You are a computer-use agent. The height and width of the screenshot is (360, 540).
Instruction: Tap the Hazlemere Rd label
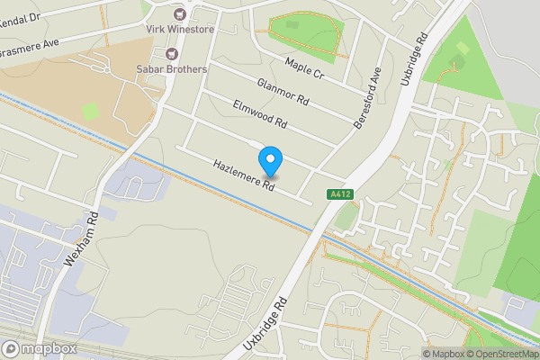[x=243, y=176]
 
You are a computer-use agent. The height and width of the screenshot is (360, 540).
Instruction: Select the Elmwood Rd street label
[x=258, y=112]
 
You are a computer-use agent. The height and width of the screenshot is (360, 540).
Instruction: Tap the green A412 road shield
[x=338, y=194]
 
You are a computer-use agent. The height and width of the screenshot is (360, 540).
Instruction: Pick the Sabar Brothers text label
[x=171, y=68]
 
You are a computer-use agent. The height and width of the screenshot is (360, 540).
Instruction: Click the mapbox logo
[x=40, y=348]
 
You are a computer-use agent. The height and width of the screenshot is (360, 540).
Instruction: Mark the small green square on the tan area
[x=90, y=112]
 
